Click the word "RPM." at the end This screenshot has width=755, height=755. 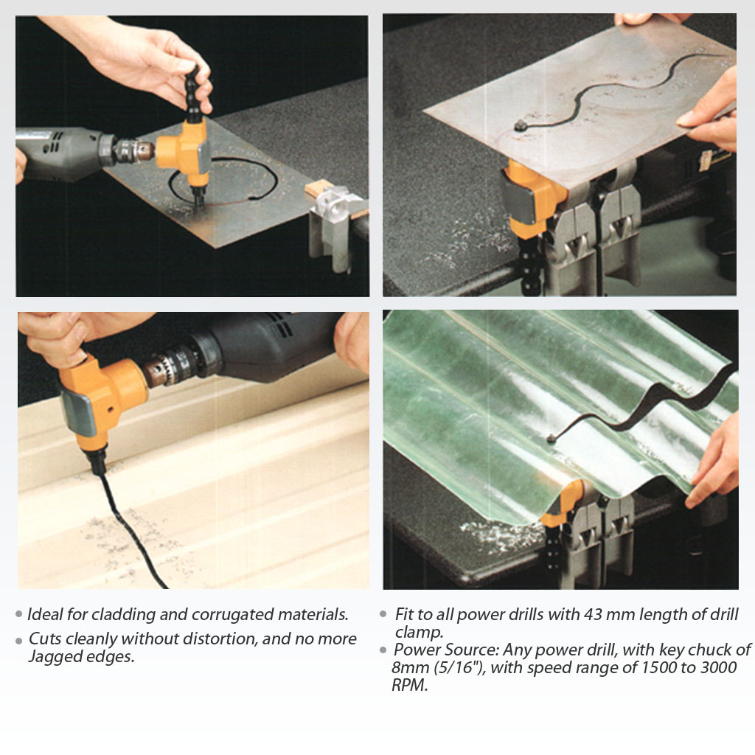coord(410,685)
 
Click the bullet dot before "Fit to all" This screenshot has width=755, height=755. coord(383,614)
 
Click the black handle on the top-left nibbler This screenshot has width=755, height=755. coord(193,92)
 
